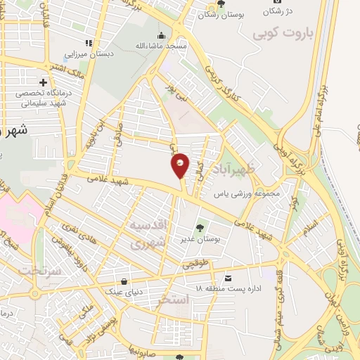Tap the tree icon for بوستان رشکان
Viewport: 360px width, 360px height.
221,4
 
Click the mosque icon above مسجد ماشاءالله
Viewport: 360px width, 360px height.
162,35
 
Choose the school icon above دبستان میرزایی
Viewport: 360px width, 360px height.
89,42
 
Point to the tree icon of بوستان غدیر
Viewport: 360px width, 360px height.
200,228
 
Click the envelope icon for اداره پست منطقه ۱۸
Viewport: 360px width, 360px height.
229,278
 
